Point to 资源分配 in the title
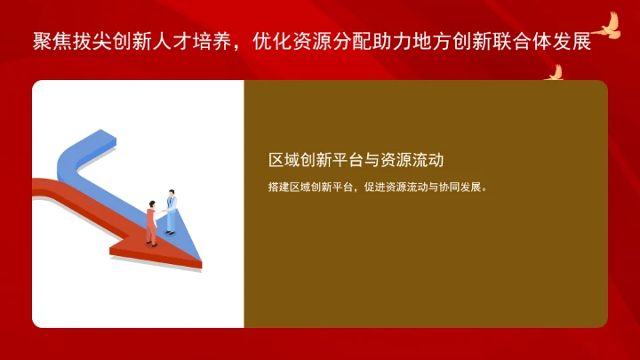[348, 42]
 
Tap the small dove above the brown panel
[555, 73]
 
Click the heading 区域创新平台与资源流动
[356, 160]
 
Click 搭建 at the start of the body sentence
[276, 188]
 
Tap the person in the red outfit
[152, 222]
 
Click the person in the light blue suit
[171, 213]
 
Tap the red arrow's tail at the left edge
[37, 186]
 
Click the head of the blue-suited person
[170, 193]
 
